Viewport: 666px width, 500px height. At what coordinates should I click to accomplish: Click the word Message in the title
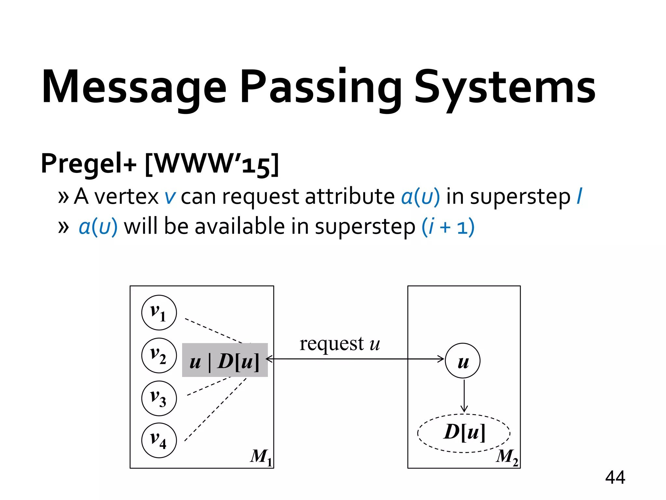[x=134, y=87]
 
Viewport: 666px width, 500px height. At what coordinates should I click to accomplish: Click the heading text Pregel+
[x=88, y=164]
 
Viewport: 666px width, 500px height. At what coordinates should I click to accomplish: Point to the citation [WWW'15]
[x=212, y=164]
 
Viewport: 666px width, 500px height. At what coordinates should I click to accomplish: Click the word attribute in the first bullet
[x=350, y=197]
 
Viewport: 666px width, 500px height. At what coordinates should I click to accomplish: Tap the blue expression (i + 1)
[x=448, y=227]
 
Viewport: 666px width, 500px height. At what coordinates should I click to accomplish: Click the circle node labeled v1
[x=159, y=312]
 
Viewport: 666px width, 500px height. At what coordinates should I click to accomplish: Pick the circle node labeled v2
[x=159, y=355]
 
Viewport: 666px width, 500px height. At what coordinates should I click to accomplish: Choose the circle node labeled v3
[x=159, y=398]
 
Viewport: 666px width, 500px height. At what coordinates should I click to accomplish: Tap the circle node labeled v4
[x=159, y=440]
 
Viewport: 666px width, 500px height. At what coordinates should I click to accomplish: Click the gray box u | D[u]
[x=225, y=360]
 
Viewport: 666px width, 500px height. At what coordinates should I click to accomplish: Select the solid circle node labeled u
[x=462, y=361]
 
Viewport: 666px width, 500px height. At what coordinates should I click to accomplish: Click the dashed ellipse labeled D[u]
[x=464, y=433]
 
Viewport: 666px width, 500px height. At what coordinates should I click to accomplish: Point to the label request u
[x=340, y=344]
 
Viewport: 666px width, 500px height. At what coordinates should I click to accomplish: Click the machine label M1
[x=261, y=457]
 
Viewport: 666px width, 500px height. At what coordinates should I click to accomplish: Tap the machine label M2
[x=507, y=457]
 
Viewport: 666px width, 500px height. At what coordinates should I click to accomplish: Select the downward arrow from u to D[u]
[x=464, y=396]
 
